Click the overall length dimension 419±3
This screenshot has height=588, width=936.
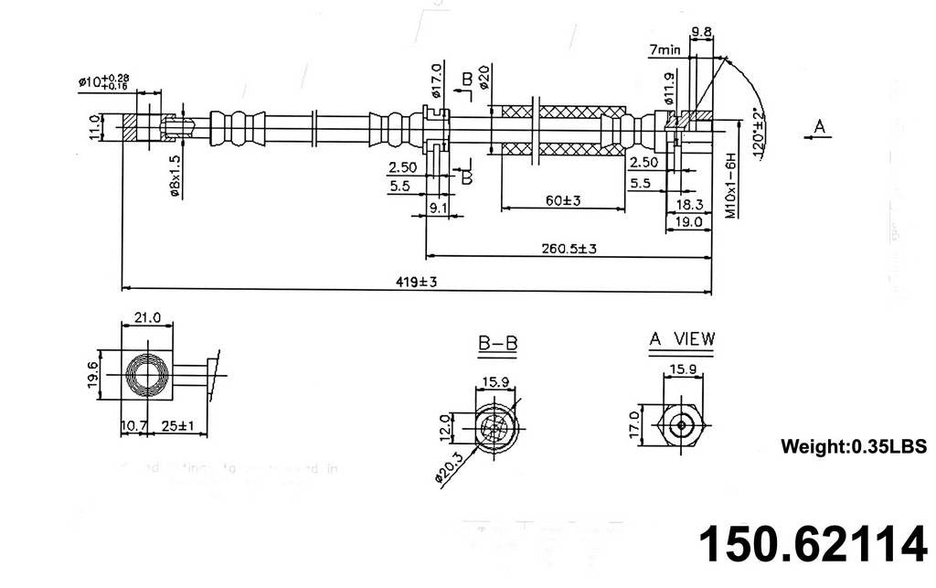coord(417,283)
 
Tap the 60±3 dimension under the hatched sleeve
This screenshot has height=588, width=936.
coord(564,200)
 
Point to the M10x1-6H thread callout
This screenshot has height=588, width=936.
coord(731,187)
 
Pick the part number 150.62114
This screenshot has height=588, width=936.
coord(812,545)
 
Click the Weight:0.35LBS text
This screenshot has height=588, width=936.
coord(854,447)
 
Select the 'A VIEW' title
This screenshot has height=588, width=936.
coord(682,339)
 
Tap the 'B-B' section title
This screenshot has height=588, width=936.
coord(498,344)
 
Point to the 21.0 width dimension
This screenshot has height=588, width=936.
coord(147,317)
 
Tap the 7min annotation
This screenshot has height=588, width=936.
coord(665,51)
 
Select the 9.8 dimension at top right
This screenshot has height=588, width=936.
coord(702,32)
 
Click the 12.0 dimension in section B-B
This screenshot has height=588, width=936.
coord(445,426)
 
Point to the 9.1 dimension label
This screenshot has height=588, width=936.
coord(438,208)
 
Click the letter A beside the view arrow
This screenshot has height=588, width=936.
coord(821,126)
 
